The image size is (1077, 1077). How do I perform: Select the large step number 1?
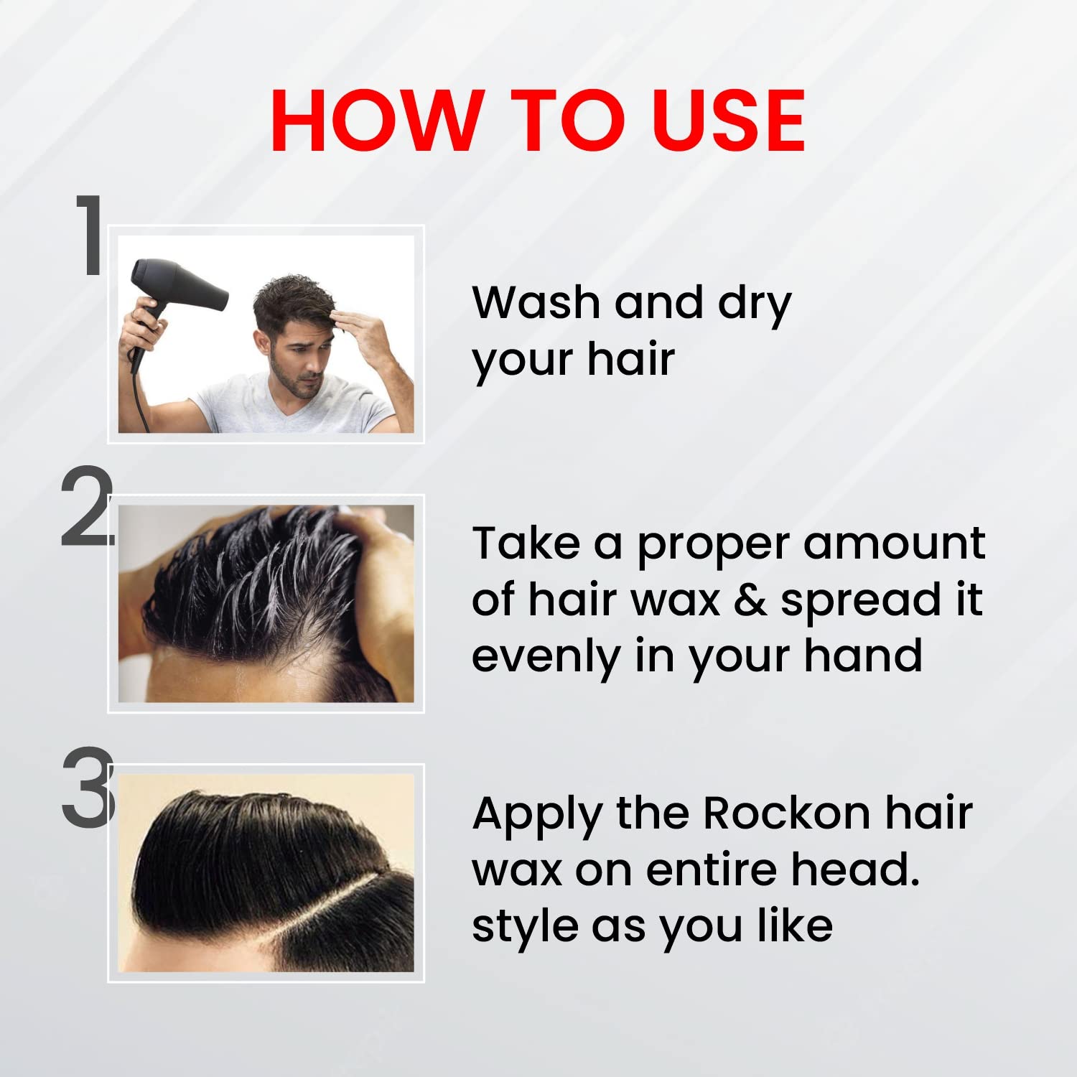coord(90,234)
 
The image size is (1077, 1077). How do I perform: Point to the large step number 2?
coord(87,506)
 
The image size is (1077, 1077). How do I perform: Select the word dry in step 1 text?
coord(754,305)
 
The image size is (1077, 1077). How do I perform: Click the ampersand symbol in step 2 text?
coord(750,601)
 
